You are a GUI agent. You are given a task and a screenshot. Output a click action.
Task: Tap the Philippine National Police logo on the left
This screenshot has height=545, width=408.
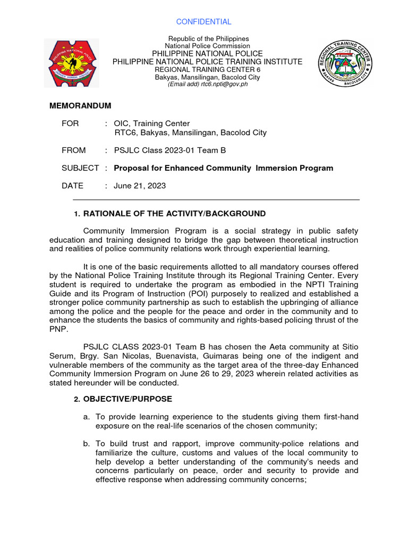pos(70,63)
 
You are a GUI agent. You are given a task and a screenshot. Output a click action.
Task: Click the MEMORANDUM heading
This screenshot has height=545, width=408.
pos(80,106)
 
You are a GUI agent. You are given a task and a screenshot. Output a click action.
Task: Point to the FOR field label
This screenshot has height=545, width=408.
pos(70,123)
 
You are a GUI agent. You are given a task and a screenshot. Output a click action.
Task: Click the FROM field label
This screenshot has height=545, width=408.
pos(73,151)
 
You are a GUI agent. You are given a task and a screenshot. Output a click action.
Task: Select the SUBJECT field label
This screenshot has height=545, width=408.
pos(80,168)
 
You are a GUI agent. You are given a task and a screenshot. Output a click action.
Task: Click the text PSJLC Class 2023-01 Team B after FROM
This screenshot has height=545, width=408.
pos(167,151)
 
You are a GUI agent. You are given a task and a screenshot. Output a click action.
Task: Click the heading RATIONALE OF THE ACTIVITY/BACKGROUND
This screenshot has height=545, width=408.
pos(174,213)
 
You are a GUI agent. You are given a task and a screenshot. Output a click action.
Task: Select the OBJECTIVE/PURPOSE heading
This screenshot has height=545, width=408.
pos(127,399)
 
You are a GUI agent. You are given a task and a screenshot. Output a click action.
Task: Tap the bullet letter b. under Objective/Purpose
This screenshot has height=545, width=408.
pos(87,443)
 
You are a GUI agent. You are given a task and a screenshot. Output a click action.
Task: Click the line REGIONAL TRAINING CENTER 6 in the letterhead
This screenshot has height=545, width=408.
pos(207,70)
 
